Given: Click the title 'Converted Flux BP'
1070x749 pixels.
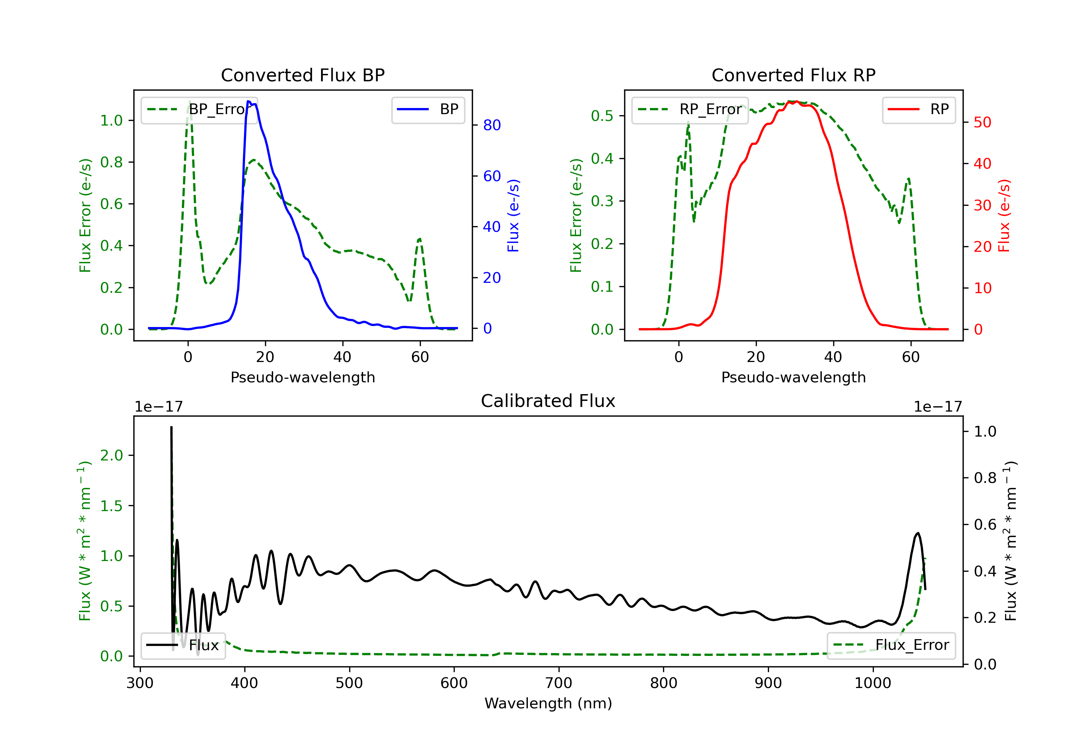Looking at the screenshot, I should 302,75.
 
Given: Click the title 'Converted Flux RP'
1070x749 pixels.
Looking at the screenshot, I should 793,75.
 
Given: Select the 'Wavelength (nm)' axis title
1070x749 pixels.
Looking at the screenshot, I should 548,703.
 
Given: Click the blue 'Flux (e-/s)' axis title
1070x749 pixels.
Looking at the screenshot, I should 513,215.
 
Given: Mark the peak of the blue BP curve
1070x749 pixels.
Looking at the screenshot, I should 249,101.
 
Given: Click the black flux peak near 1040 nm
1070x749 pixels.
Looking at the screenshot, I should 918,533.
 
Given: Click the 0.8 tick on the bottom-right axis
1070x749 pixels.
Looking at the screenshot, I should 985,478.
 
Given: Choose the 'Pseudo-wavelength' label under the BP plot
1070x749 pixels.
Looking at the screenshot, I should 302,377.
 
